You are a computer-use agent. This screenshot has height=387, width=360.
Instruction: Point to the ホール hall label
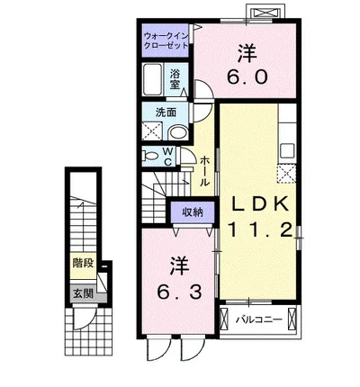205,170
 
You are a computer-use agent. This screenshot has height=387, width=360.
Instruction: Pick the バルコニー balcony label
260,319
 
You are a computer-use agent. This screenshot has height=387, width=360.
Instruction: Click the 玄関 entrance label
84,293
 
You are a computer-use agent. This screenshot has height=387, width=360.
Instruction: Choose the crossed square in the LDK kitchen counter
286,173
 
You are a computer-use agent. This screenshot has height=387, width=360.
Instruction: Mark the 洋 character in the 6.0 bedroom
246,49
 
